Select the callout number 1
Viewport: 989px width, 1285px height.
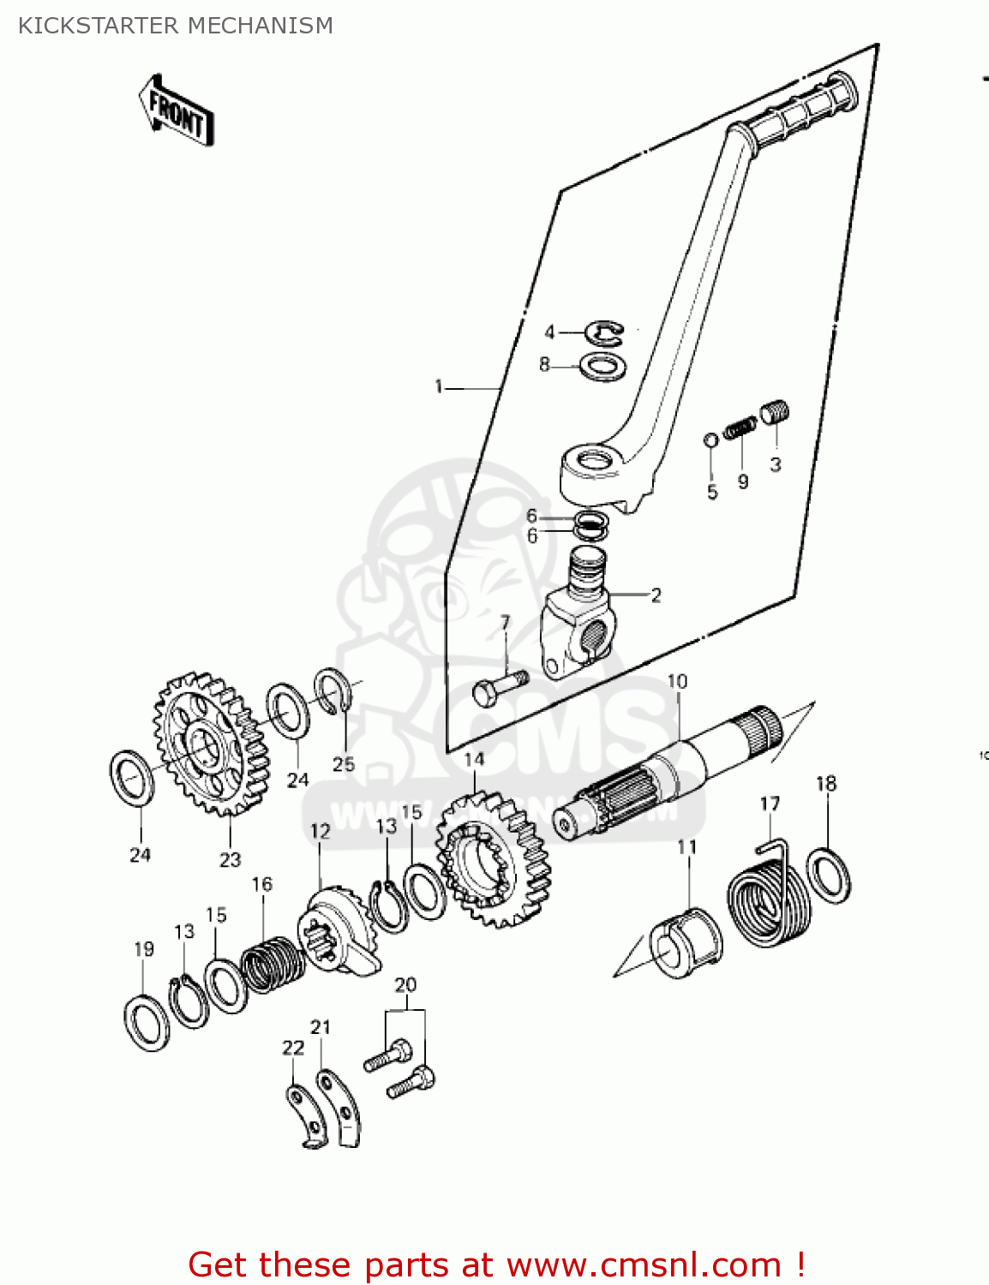(439, 387)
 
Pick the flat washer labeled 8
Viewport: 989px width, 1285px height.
(602, 366)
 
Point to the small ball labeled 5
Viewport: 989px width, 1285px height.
(710, 440)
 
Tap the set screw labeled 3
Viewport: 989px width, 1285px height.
(775, 412)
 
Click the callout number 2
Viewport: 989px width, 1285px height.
(656, 595)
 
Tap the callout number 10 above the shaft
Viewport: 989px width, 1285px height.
(677, 681)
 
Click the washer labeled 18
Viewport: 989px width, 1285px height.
(829, 875)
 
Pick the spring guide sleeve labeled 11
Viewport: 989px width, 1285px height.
(686, 942)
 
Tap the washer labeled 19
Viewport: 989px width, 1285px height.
(147, 1023)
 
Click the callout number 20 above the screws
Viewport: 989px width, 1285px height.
(405, 984)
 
